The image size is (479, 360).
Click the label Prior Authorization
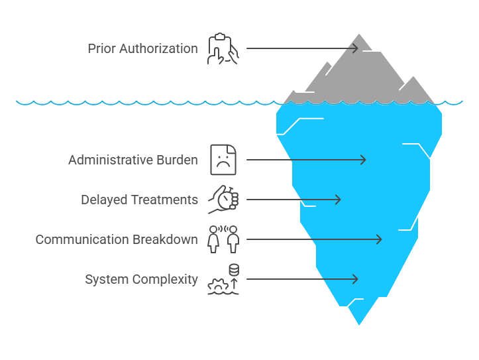coord(142,48)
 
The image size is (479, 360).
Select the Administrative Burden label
coord(133,160)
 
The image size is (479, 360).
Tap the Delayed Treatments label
coord(139,200)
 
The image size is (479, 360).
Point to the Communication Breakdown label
coord(117,239)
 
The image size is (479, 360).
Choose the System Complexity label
coord(141,279)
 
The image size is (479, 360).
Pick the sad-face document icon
coord(223,160)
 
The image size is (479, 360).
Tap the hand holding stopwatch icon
coord(223,199)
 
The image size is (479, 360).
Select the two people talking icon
coord(223,239)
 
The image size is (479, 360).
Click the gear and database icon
coord(223,279)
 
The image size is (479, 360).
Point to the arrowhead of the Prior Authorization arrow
coord(356,48)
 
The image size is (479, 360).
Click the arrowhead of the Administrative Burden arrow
coord(363,160)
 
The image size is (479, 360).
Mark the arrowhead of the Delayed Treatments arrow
coord(338,200)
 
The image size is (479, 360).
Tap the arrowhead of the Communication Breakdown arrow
coord(379,239)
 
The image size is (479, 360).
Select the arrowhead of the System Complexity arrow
coord(356,279)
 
